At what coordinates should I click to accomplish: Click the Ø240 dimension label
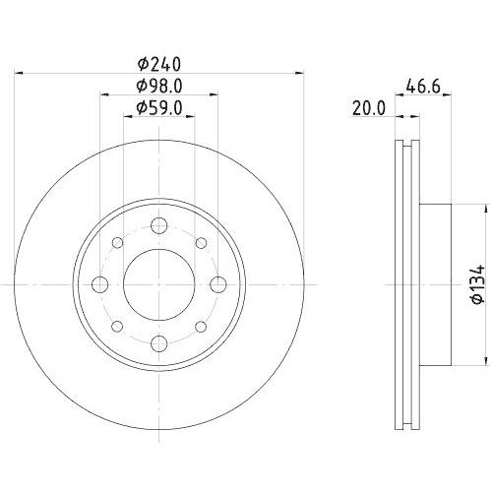(x=158, y=61)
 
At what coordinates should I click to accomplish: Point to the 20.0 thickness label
(x=367, y=110)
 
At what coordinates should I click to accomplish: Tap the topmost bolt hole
(x=157, y=226)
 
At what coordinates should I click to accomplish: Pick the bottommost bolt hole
(x=157, y=342)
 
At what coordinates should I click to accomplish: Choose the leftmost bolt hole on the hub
(x=99, y=284)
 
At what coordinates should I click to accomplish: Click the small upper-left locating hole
(x=116, y=243)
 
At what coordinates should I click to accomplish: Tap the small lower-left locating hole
(x=116, y=326)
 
